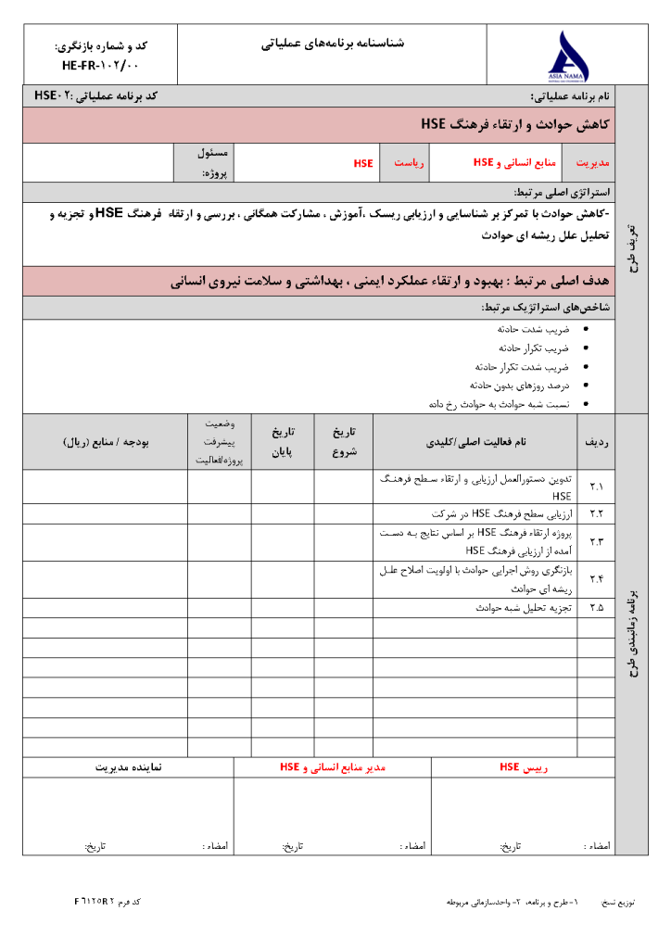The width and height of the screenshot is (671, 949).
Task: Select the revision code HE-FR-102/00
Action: (x=100, y=66)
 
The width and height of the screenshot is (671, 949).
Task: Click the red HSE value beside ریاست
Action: (x=363, y=163)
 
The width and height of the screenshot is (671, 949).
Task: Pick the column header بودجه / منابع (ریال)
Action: (x=105, y=442)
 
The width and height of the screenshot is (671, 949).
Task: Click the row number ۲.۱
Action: (x=595, y=487)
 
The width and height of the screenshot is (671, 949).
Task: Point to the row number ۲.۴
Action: (x=595, y=579)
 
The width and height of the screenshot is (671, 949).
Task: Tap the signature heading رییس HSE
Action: (x=524, y=767)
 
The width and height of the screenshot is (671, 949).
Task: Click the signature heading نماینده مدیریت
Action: (x=129, y=767)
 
